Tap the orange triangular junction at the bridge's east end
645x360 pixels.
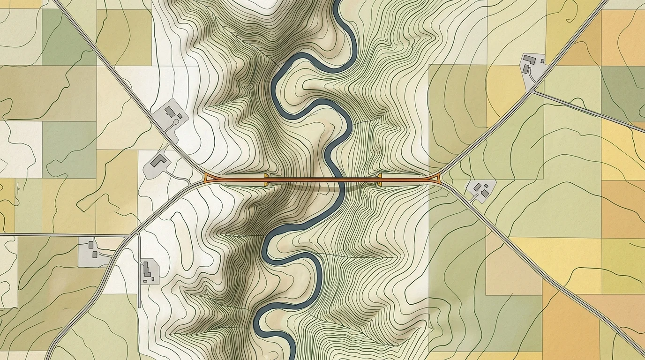(438, 177)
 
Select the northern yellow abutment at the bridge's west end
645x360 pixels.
(266, 176)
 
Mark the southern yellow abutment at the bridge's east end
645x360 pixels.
(379, 183)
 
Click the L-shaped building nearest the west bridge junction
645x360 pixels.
(159, 161)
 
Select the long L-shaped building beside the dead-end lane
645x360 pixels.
(146, 269)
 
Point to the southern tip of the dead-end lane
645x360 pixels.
(140, 307)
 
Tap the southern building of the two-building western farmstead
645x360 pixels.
(95, 254)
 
